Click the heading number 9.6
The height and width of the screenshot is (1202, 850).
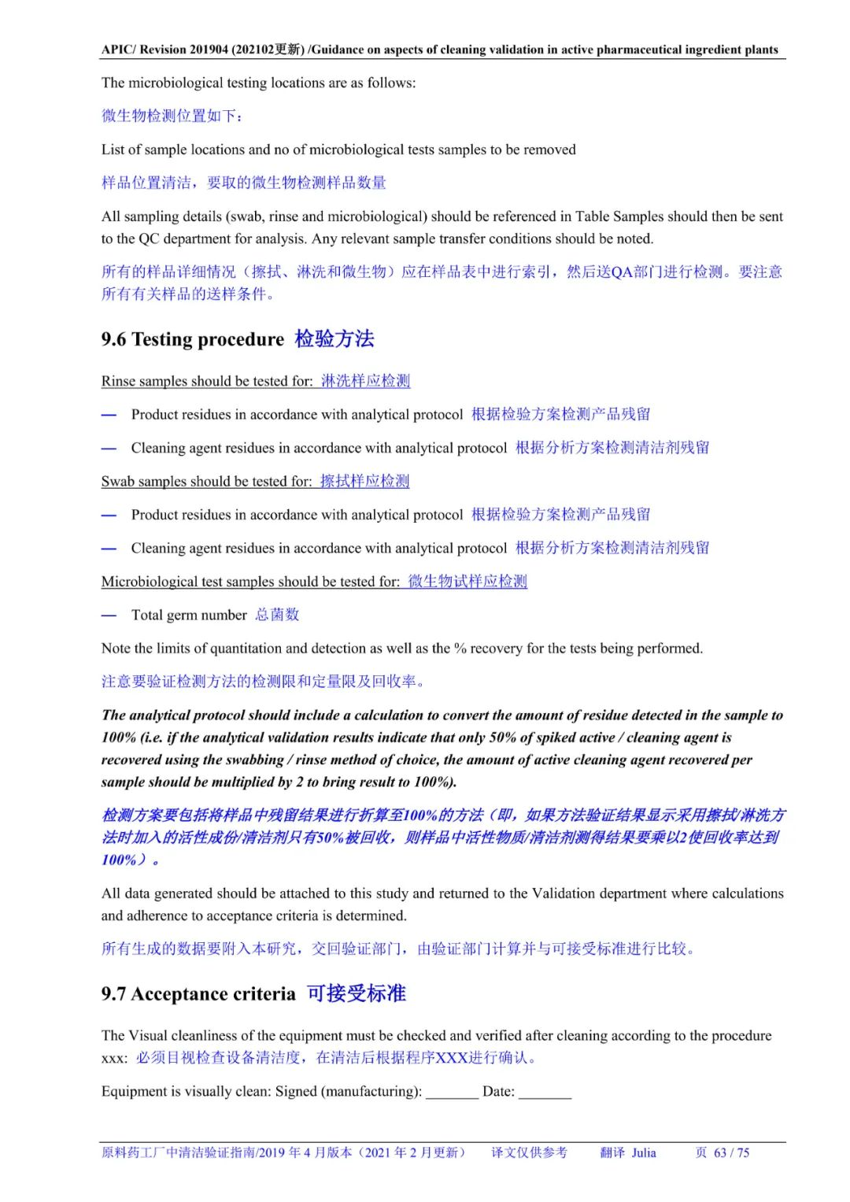113,340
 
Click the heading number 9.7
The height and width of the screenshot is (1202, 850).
113,994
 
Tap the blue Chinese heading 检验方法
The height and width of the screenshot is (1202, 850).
334,339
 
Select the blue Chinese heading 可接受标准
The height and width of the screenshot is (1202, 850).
357,993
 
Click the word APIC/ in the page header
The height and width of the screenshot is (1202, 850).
119,50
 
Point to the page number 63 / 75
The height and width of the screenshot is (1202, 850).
731,1152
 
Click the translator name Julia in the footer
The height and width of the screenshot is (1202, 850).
643,1152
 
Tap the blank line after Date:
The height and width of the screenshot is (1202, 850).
545,1093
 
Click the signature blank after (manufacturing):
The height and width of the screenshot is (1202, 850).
452,1093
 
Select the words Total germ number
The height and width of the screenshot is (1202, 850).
189,615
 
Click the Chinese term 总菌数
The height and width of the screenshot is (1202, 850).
277,615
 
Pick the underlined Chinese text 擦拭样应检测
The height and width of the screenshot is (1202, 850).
364,481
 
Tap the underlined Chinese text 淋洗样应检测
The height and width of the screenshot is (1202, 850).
365,381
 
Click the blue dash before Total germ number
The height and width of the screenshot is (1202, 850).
109,616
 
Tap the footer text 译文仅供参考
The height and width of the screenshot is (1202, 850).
529,1152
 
